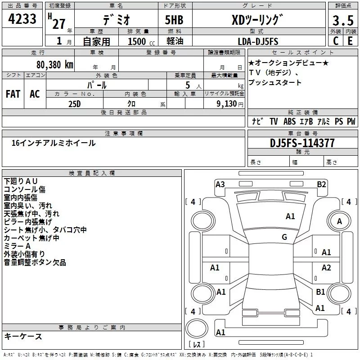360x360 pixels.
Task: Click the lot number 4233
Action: point(22,18)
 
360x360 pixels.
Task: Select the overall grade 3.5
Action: point(343,20)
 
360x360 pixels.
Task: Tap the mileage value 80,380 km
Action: point(54,65)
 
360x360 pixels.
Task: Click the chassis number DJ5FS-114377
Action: point(302,143)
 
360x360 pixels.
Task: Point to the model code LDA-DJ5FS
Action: point(258,41)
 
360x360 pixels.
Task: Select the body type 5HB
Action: point(174,20)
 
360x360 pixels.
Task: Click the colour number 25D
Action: point(75,104)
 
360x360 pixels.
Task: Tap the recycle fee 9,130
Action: point(227,104)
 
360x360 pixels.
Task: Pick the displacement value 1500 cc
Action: point(141,41)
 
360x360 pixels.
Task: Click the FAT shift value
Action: point(13,94)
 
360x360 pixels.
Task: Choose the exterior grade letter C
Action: point(336,41)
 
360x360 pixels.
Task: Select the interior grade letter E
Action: point(350,41)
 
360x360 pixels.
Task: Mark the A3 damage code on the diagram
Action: point(220,184)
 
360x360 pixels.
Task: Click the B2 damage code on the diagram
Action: point(321,184)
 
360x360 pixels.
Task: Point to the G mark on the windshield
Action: point(284,237)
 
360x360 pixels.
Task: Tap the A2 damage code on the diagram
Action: point(326,267)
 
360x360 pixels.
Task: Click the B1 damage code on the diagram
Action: point(320,292)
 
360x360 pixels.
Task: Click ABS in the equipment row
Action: point(289,121)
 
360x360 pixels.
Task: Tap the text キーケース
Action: point(23,336)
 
